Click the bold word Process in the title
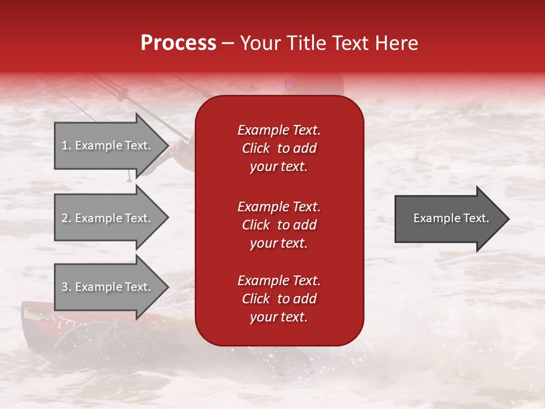click(178, 43)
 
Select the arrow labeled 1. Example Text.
click(108, 145)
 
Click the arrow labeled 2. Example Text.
click(108, 218)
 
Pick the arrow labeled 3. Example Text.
click(108, 287)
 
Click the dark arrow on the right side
click(448, 218)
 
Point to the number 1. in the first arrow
click(66, 145)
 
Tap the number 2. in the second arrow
click(66, 218)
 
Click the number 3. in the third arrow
click(66, 287)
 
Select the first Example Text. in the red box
click(279, 130)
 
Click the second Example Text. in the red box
click(279, 207)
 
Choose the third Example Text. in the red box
click(279, 281)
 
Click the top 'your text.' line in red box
click(279, 167)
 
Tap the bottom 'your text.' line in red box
click(279, 318)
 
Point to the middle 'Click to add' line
click(279, 225)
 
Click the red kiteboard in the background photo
click(40, 315)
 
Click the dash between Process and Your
click(228, 44)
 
